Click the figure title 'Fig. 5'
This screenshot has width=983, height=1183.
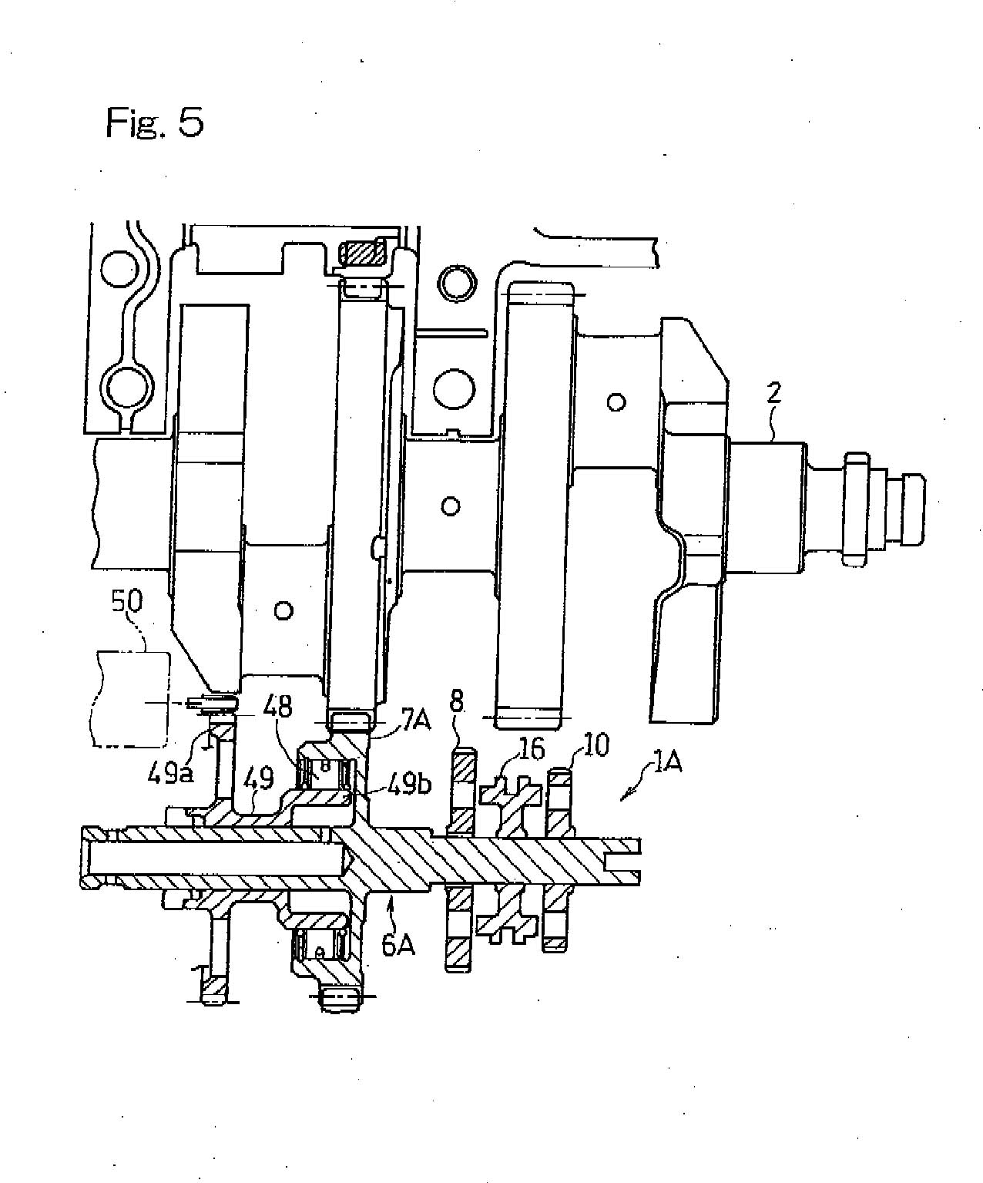pos(155,123)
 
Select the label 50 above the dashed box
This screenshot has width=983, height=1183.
pos(126,602)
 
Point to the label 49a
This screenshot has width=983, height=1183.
pos(171,773)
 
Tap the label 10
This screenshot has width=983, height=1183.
pos(593,745)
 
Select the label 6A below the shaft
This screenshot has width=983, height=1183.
pos(398,946)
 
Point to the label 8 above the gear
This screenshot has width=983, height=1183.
pos(457,701)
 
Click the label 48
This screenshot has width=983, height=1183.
pos(277,707)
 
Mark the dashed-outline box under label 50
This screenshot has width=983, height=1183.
pos(131,698)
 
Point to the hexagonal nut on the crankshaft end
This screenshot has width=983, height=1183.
pos(856,509)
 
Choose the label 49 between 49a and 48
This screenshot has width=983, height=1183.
pos(259,779)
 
